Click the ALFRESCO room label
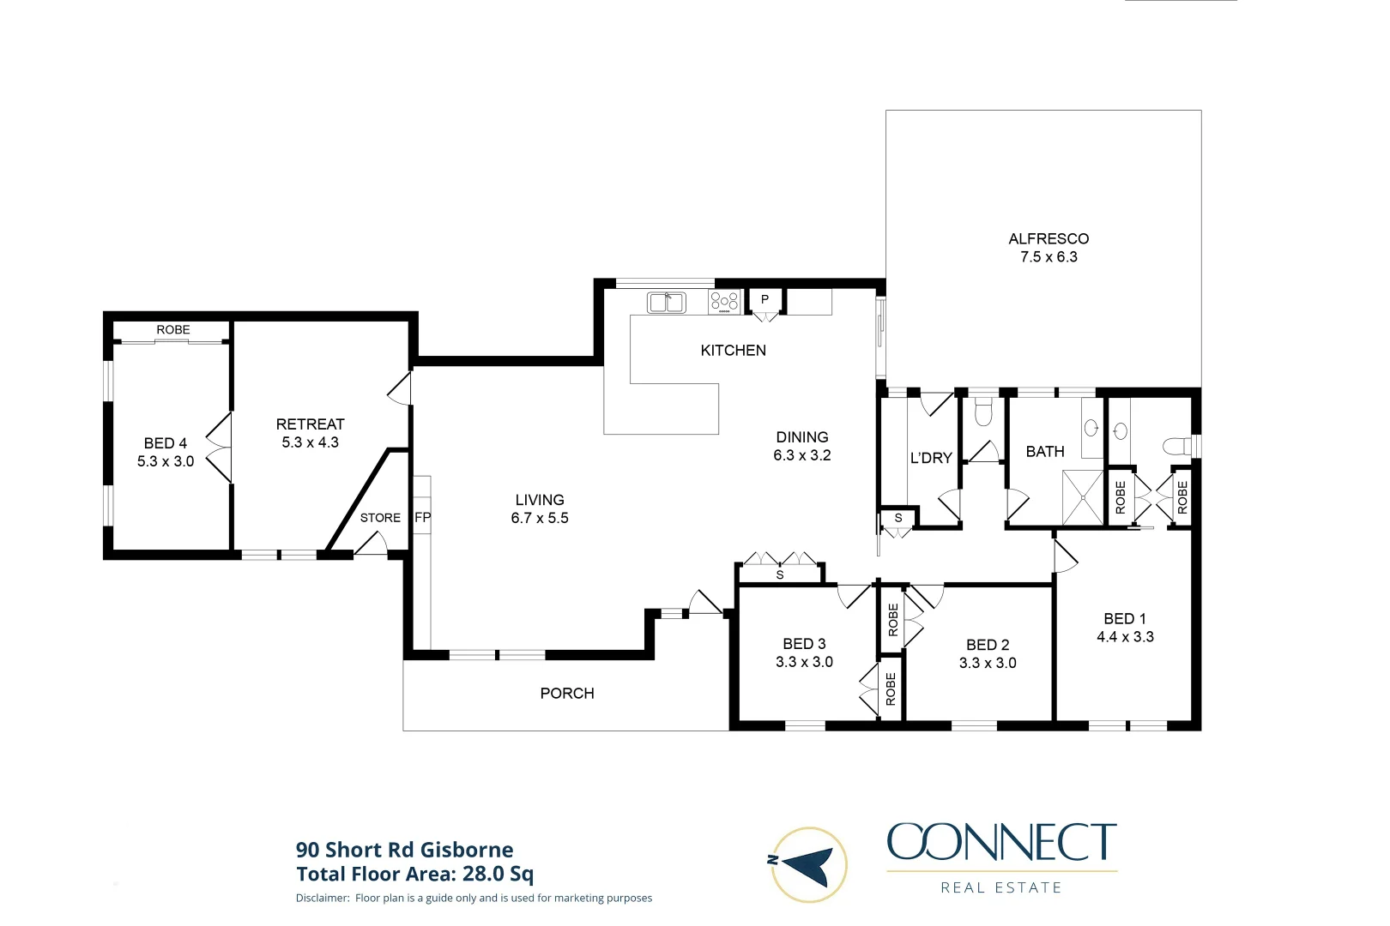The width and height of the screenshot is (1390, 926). point(1049,239)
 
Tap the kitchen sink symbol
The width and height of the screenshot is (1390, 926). point(666,303)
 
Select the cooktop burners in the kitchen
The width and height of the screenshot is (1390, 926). point(724,302)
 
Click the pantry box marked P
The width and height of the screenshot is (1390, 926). point(764,300)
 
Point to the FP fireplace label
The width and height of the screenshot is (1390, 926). point(422,518)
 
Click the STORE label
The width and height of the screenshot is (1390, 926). point(380,518)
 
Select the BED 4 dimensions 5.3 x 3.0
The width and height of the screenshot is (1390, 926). point(166,461)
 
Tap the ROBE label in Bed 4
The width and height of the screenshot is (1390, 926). point(173,330)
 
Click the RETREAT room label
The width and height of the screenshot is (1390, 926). point(310,424)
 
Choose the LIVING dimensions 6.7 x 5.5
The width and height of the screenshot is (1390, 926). point(540,518)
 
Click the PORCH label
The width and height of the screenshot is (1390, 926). point(567,694)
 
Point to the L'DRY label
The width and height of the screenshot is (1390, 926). point(931,458)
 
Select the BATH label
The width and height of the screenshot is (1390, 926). point(1045,452)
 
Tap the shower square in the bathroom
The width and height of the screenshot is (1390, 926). point(1083,497)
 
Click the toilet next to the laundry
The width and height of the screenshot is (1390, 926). point(983,412)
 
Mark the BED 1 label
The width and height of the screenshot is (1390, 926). point(1125,619)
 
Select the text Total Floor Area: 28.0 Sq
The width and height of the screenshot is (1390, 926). point(414,875)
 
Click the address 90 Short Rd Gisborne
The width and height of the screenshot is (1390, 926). point(404,851)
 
